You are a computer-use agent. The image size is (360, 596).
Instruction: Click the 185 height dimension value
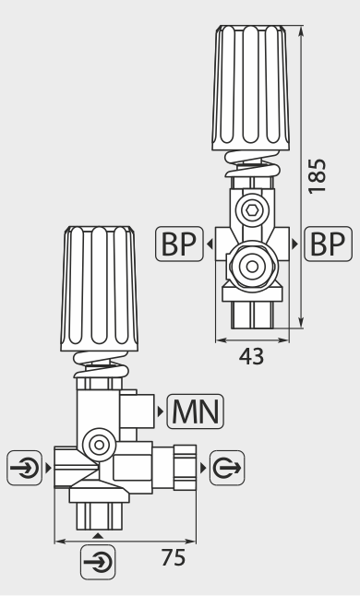click(x=317, y=176)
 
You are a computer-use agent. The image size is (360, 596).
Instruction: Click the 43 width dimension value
click(x=251, y=356)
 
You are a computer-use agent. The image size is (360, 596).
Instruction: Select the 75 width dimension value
click(x=174, y=557)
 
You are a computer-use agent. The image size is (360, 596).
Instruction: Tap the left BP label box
click(x=179, y=244)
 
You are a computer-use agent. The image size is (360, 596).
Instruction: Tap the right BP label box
click(x=328, y=244)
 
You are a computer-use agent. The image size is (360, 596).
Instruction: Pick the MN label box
click(x=196, y=411)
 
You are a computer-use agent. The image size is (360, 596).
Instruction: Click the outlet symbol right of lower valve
click(x=227, y=468)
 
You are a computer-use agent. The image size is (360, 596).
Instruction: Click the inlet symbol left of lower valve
click(x=24, y=468)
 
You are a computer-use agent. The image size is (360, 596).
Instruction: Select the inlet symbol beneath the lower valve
click(x=98, y=562)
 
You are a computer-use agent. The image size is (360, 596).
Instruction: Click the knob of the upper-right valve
click(x=250, y=88)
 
